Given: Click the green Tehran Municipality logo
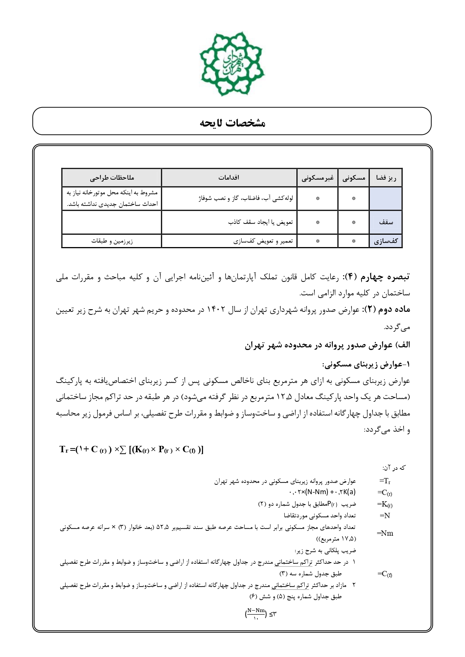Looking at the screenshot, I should pos(232,64).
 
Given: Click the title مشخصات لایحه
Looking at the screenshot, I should pos(232,123).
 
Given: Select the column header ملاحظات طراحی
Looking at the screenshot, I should pos(112,177).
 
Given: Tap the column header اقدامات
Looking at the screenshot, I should pos(229,177).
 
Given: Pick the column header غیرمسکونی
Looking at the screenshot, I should pos(317,178).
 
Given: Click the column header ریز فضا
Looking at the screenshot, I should pos(386,178).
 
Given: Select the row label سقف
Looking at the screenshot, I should pos(386,222).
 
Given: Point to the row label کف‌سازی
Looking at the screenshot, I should pos(386,241).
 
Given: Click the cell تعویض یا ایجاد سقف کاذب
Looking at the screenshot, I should pos(260,222).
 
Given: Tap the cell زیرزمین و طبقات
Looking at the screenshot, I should pos(112,241).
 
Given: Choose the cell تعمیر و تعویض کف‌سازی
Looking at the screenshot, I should pos(263,241).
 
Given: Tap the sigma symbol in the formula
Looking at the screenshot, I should pos(123,450).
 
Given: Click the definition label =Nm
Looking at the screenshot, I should pos(385,533).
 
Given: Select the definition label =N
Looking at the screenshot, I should pos(385,515).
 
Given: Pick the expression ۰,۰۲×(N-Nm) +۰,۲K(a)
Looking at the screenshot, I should pos(322,492).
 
